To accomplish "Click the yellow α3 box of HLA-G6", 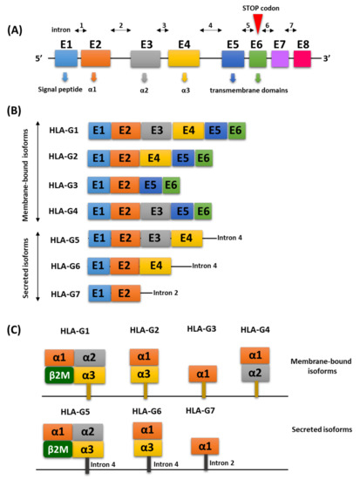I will [x=148, y=449].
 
